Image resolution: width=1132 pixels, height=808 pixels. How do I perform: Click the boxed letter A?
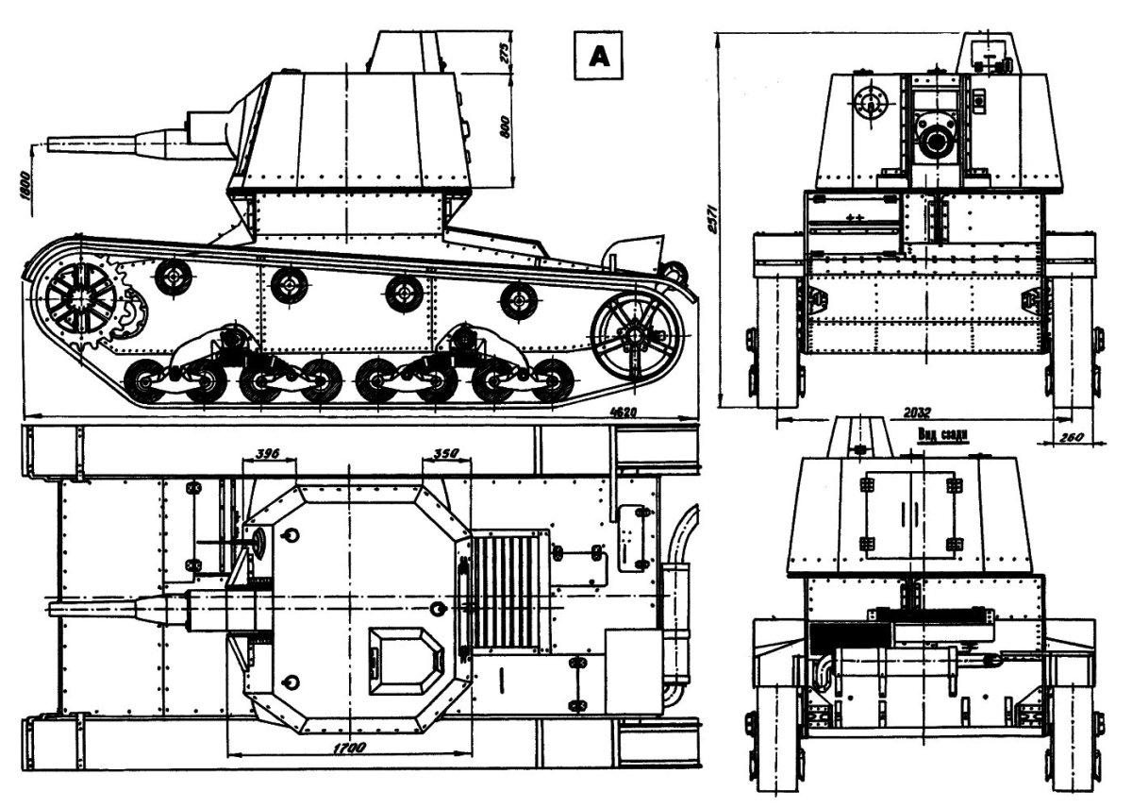click(x=599, y=58)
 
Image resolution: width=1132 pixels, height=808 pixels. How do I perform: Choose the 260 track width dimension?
click(x=1068, y=435)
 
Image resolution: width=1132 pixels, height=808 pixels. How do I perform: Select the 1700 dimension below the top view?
click(x=349, y=748)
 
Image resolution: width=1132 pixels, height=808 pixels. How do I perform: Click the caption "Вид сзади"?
click(x=943, y=434)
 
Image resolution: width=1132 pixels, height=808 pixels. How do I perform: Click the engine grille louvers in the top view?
click(x=509, y=591)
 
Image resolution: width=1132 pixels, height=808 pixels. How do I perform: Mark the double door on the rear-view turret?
click(x=909, y=513)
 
